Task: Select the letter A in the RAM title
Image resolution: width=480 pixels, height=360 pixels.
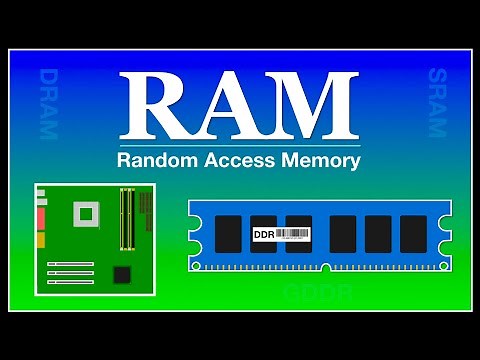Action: [233, 107]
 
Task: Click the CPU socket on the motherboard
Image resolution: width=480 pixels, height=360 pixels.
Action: [84, 213]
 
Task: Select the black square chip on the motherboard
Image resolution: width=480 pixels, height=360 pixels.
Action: [122, 274]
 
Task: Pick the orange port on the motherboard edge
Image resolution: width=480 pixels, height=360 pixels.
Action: [42, 240]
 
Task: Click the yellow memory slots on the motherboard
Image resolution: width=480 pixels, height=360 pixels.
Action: [127, 218]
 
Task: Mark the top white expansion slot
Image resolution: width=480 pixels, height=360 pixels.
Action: [70, 265]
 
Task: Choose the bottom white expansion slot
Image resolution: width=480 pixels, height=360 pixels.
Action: [70, 283]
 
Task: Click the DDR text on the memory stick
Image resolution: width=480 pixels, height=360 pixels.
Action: [264, 234]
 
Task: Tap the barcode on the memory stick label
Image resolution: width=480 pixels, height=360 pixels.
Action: [292, 234]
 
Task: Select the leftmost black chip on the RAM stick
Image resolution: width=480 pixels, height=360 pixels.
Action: [229, 234]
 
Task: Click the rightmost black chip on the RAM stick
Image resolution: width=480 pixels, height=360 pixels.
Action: [413, 234]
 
